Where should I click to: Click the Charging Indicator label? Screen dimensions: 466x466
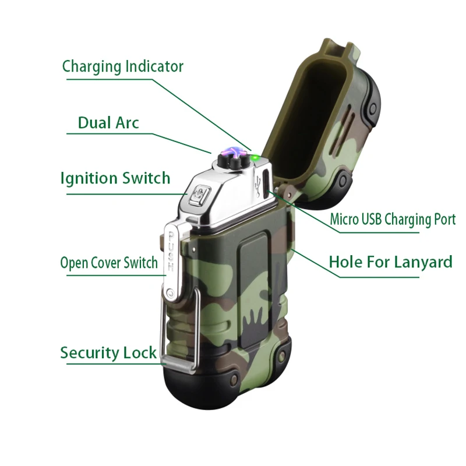pos(122,66)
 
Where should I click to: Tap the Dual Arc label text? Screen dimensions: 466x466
pos(108,122)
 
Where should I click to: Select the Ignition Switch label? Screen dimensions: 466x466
pos(115,178)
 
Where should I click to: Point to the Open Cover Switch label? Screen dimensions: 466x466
pos(109,262)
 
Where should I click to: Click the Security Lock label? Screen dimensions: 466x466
pos(108,352)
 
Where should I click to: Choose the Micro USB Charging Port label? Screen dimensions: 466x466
pos(392,220)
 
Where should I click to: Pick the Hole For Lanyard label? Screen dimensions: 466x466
pos(390,262)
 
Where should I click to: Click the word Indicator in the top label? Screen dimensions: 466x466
pos(154,66)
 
